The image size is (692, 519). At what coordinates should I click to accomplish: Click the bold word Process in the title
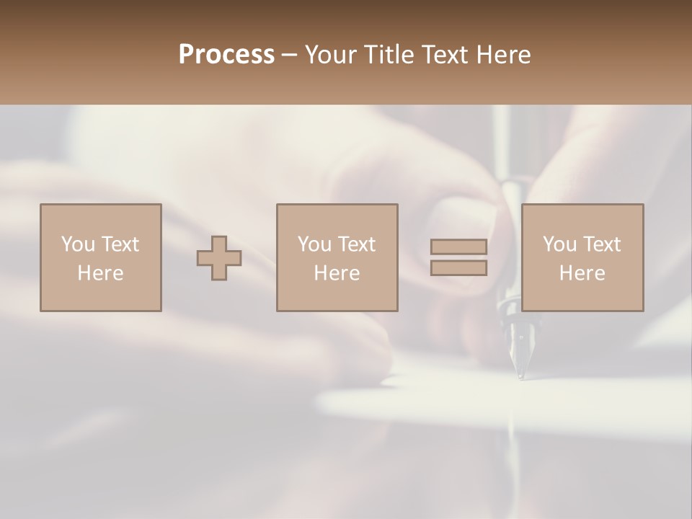coord(226,55)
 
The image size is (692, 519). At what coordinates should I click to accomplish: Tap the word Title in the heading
coord(391,55)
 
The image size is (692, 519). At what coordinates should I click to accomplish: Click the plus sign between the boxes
coord(219,258)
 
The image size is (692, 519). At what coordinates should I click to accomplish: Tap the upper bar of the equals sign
coord(458,247)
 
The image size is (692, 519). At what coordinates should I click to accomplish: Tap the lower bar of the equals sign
coord(458,267)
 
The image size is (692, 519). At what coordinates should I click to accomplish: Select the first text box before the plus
coord(101,257)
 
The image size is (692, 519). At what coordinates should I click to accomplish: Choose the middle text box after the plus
coord(337,257)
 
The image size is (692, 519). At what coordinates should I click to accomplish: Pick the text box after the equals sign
coord(582,257)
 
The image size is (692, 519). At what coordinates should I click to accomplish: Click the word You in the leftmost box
coord(78,244)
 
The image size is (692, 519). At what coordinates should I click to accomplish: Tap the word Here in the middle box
coord(337,273)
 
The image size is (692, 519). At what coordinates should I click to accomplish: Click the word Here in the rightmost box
coord(582,273)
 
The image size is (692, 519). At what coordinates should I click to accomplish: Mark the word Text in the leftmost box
coord(120,244)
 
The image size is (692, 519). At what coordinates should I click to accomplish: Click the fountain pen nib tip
coord(520,374)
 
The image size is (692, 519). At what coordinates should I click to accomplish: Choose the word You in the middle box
coord(314,244)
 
